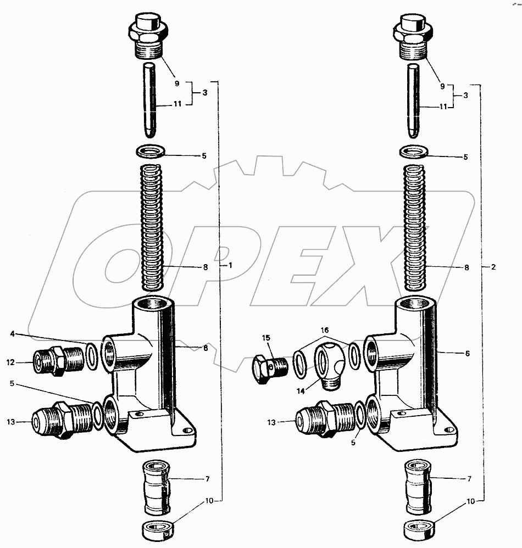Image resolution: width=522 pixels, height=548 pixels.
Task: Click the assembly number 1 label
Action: coord(230,265)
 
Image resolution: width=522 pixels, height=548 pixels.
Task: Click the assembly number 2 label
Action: coord(493,267)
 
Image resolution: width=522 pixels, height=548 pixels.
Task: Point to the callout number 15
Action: coord(266,338)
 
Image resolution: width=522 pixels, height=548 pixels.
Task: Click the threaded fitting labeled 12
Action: coord(57,361)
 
